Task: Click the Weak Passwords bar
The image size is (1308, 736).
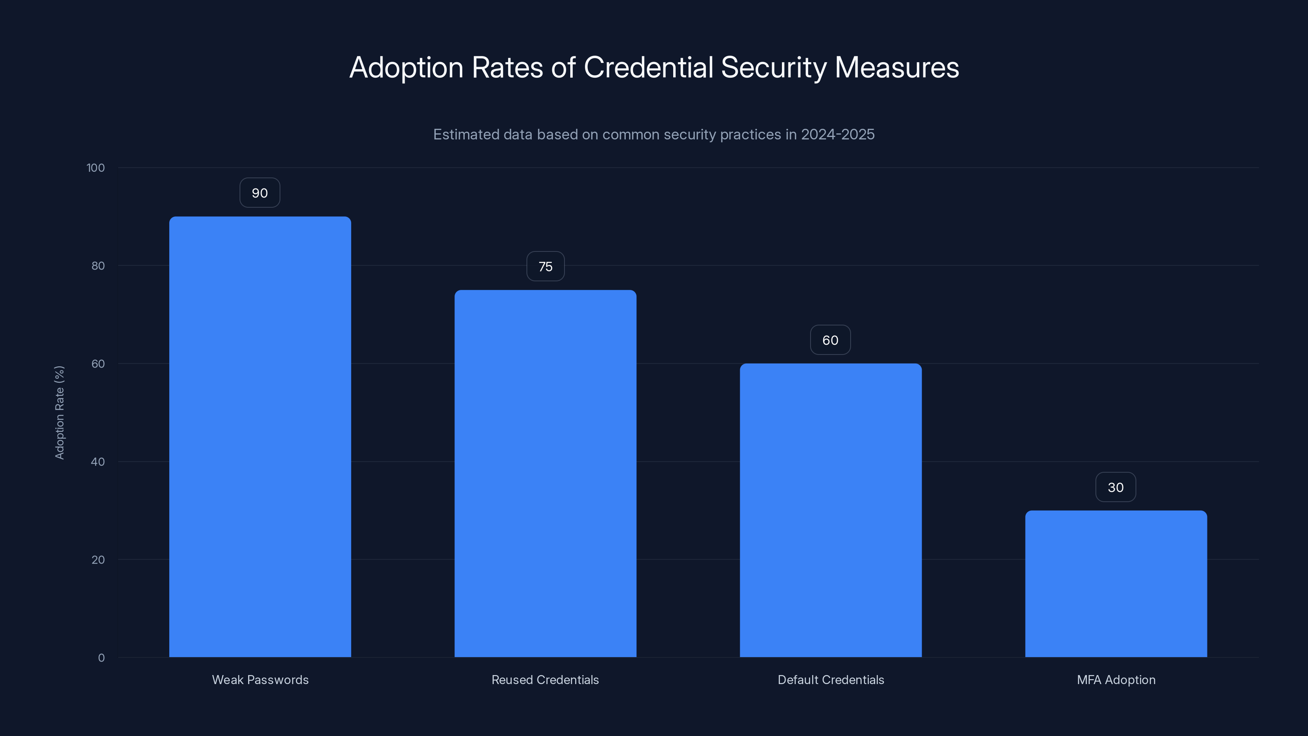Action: (x=260, y=437)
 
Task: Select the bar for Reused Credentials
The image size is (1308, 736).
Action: (x=545, y=473)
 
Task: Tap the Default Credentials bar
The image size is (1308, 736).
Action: (x=831, y=510)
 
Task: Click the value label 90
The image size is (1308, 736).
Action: (x=260, y=193)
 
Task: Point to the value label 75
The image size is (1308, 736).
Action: (x=545, y=267)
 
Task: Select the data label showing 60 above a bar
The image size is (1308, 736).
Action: (x=830, y=340)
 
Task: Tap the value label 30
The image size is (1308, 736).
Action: (x=1115, y=488)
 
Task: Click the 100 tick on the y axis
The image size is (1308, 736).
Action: (x=96, y=168)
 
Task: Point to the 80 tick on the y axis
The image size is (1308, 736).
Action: (x=98, y=266)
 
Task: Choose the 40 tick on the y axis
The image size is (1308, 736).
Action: (x=98, y=462)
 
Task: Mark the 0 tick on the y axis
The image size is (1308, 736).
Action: (x=101, y=658)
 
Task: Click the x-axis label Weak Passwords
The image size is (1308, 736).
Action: (x=260, y=680)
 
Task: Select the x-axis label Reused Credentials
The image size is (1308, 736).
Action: (x=545, y=680)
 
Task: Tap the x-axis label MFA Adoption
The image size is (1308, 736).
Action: (x=1116, y=680)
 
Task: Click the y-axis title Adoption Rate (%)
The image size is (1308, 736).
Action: (x=60, y=413)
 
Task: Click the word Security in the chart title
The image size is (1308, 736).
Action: (x=774, y=67)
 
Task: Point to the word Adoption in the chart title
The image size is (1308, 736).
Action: (x=407, y=67)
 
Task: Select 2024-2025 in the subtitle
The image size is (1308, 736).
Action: (x=838, y=135)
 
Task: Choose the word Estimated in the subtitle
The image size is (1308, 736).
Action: (x=466, y=135)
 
